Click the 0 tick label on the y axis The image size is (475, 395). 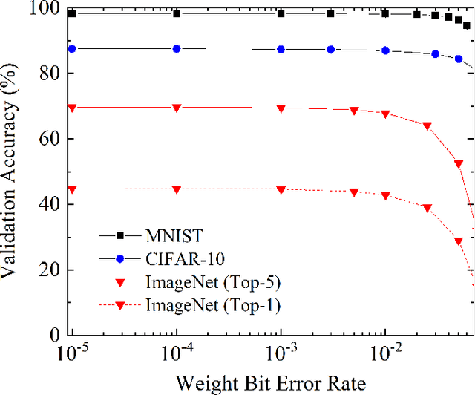(53, 335)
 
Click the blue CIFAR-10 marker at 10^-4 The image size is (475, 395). (177, 49)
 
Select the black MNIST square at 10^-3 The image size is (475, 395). (281, 13)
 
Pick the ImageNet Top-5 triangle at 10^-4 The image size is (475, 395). (177, 108)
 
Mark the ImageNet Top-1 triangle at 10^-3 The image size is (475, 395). (281, 189)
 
